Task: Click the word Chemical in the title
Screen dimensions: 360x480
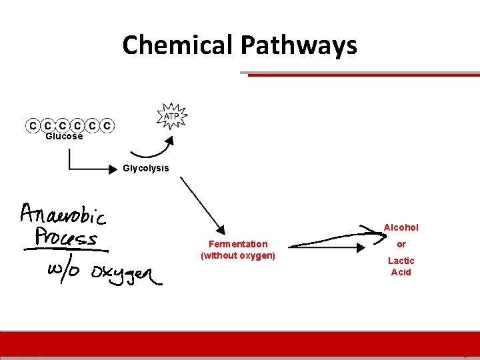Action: (178, 45)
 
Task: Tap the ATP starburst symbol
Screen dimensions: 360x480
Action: (171, 117)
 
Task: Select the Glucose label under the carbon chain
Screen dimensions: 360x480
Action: (64, 137)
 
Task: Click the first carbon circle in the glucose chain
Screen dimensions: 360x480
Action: (31, 125)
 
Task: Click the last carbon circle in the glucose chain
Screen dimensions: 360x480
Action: (107, 125)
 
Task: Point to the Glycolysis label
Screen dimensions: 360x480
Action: (146, 168)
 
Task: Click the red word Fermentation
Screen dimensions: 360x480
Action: (238, 244)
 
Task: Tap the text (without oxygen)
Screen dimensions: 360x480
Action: (238, 255)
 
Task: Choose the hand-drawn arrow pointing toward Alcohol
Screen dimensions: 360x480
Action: (333, 240)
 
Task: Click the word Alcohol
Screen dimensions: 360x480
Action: (401, 227)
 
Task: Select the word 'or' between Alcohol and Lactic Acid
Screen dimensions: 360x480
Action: (401, 244)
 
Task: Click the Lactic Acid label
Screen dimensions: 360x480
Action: (401, 266)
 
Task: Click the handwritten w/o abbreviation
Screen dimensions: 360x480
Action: (63, 271)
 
